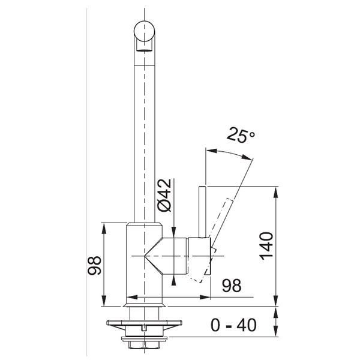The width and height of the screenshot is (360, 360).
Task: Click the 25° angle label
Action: click(241, 136)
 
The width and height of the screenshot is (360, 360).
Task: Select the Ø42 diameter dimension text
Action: click(164, 195)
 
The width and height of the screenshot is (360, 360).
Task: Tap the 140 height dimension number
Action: click(266, 246)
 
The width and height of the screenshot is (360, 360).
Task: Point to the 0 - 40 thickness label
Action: click(233, 325)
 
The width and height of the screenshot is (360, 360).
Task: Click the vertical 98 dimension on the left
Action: click(94, 266)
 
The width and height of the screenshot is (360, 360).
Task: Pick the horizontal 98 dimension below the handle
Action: click(232, 286)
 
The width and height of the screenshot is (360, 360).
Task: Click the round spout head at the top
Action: click(144, 31)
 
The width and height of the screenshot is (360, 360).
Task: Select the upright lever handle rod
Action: click(202, 212)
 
